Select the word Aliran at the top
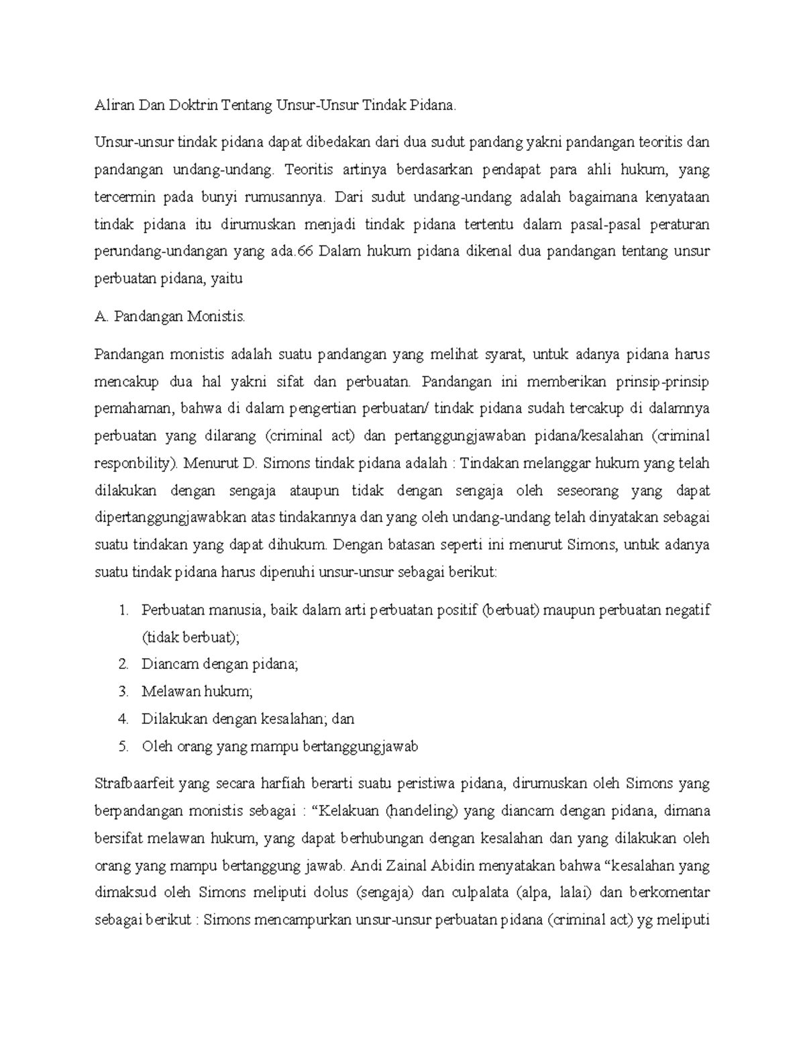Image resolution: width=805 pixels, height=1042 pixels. point(112,105)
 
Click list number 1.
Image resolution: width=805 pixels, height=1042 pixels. point(122,610)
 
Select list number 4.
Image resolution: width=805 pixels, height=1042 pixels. point(122,719)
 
